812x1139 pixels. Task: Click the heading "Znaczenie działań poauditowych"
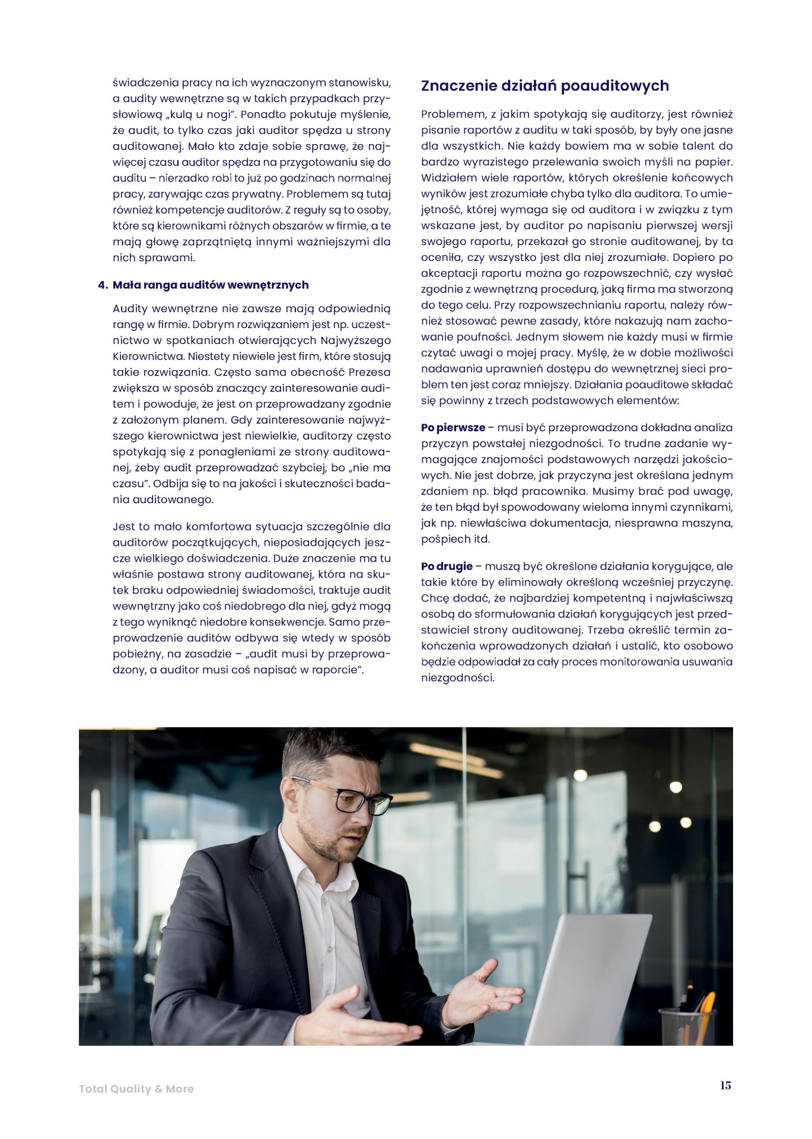544,86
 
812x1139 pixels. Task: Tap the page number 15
725,1085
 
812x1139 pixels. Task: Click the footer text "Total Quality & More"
136,1089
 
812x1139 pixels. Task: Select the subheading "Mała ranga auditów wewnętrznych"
211,285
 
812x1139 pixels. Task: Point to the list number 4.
102,285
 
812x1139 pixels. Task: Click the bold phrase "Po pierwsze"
453,427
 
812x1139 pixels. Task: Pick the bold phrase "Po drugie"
447,566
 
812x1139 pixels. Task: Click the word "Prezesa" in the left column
370,373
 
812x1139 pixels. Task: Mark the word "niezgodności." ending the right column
457,677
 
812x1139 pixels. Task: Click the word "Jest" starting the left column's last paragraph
123,526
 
